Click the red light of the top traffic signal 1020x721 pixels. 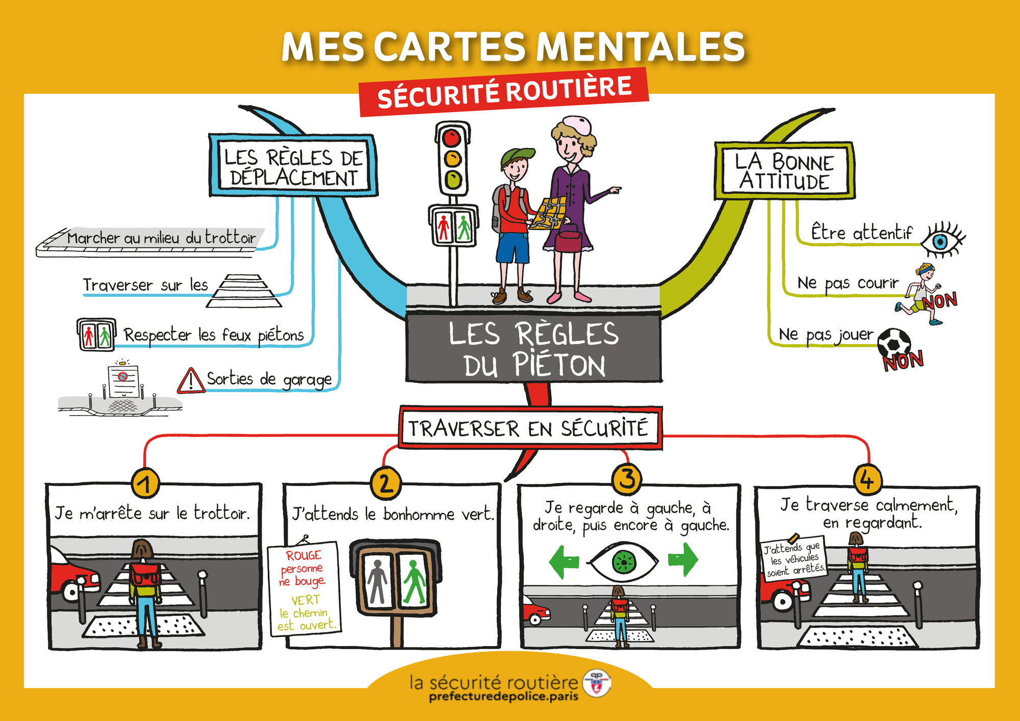click(451, 138)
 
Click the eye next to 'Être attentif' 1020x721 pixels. click(942, 239)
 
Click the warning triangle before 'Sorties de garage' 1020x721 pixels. click(191, 380)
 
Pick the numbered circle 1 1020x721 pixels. click(146, 483)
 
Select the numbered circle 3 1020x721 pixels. click(627, 479)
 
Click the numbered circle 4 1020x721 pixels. click(868, 479)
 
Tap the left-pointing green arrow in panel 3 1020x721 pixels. click(564, 561)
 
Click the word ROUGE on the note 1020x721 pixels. click(303, 555)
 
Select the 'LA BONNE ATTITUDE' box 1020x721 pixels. click(784, 171)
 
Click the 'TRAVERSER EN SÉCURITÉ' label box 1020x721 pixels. click(529, 428)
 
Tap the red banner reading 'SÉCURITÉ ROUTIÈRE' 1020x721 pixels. click(504, 92)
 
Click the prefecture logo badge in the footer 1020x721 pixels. click(597, 683)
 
